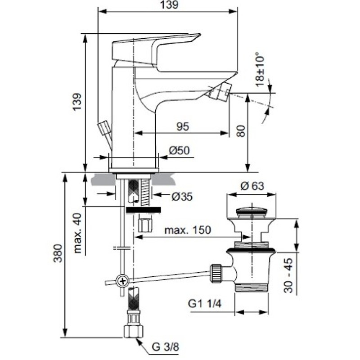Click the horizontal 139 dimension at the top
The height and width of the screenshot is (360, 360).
pyautogui.click(x=169, y=5)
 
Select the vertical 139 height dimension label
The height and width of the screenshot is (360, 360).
pyautogui.click(x=77, y=102)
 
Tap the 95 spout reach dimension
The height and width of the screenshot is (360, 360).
pyautogui.click(x=183, y=126)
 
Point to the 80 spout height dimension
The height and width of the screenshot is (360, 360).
pyautogui.click(x=241, y=131)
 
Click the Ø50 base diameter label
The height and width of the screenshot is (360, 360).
pyautogui.click(x=179, y=151)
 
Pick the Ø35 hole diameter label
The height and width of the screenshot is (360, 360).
pyautogui.click(x=182, y=197)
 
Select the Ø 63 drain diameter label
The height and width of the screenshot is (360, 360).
pyautogui.click(x=252, y=186)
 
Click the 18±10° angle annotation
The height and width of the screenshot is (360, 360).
pyautogui.click(x=260, y=69)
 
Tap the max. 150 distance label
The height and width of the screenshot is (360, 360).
pyautogui.click(x=188, y=230)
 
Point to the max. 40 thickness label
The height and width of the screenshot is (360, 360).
pyautogui.click(x=78, y=233)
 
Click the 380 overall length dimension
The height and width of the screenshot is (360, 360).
pyautogui.click(x=58, y=253)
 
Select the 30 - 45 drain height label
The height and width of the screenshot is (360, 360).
pyautogui.click(x=288, y=275)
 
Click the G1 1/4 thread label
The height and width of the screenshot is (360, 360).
pyautogui.click(x=205, y=304)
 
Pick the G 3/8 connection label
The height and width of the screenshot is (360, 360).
pyautogui.click(x=165, y=346)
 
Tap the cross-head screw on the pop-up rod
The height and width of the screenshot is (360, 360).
pyautogui.click(x=122, y=281)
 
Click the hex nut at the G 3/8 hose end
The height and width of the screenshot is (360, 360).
pyautogui.click(x=133, y=331)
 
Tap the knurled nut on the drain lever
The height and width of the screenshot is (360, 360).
pyautogui.click(x=216, y=274)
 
